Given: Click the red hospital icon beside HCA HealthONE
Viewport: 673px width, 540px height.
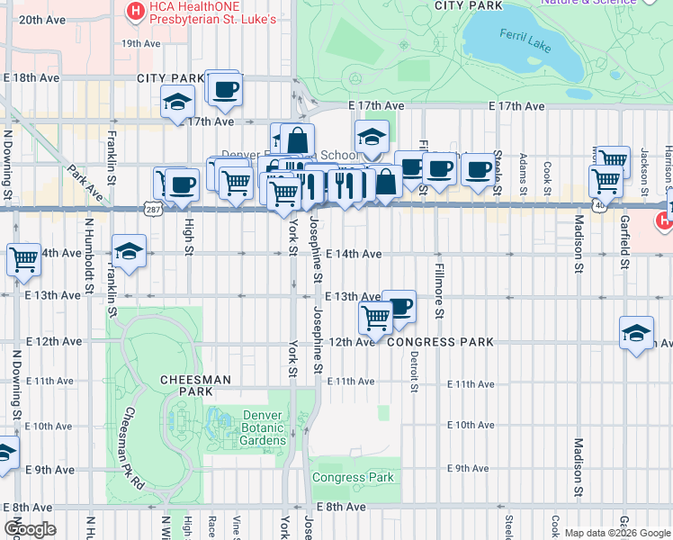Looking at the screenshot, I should (x=135, y=12).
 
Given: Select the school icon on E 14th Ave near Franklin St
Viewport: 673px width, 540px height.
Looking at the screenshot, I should (x=129, y=251).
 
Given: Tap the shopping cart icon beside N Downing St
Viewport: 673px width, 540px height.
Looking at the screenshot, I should (x=23, y=259).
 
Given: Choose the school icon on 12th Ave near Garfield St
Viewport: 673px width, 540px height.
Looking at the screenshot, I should (x=636, y=332).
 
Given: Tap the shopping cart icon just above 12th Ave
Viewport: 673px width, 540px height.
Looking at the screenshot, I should (x=375, y=316).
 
